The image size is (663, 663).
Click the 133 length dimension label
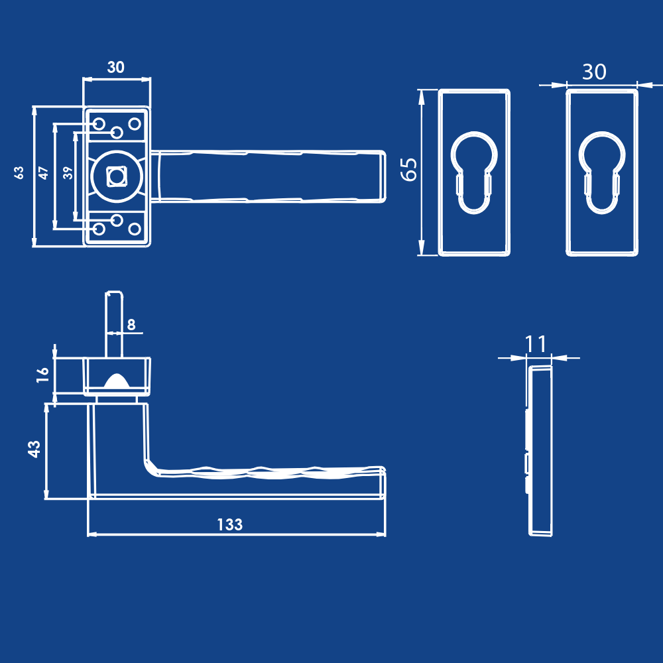click(x=229, y=524)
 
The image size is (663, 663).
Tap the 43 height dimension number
click(x=34, y=449)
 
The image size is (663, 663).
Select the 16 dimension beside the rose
click(x=42, y=375)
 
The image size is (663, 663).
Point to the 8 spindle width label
click(x=131, y=324)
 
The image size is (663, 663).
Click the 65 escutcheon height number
click(x=409, y=170)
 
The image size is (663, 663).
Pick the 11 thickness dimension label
click(x=535, y=343)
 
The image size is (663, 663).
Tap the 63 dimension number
click(x=19, y=172)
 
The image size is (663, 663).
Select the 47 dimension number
click(x=44, y=173)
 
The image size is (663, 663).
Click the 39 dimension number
click(x=68, y=173)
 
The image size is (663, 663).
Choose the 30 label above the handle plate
click(x=116, y=67)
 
